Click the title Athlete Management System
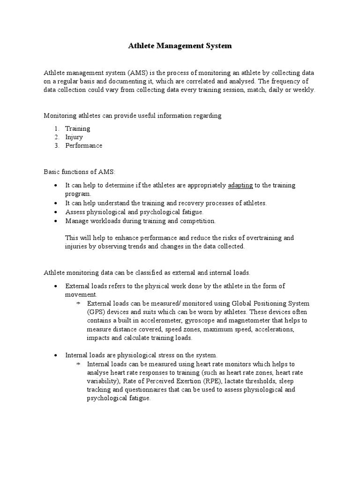180,46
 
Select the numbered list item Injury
74,137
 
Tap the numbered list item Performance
83,145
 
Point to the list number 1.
56,128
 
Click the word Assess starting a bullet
75,212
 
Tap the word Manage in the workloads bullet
77,220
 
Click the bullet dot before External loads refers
56,286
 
